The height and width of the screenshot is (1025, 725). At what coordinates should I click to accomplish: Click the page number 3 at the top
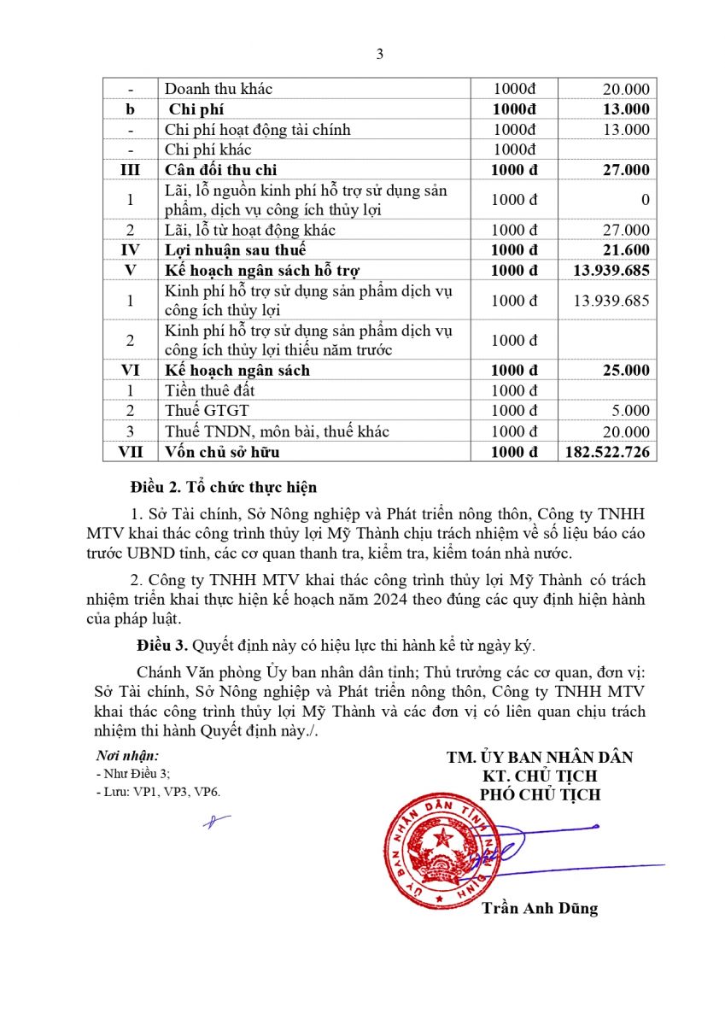point(380,54)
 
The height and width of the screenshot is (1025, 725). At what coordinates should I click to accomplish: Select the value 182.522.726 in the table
point(607,452)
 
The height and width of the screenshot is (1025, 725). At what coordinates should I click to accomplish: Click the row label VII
point(131,452)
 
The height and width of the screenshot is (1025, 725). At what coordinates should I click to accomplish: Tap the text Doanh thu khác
point(219,89)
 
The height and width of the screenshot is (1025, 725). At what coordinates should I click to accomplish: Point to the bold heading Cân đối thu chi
point(221,170)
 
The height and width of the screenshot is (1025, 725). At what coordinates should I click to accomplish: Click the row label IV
point(131,250)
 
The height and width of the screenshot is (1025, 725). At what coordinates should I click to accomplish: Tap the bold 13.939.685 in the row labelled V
point(607,271)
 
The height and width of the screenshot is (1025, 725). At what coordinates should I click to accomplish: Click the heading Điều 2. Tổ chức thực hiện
point(224,488)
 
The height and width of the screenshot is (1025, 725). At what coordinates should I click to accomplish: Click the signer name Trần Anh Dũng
point(539,908)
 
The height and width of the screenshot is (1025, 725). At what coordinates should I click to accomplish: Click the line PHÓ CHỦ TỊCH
point(540,794)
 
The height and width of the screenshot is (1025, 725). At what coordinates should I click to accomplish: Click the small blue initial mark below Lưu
point(216,822)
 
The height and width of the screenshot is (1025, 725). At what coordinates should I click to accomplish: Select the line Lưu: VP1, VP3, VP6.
point(158,792)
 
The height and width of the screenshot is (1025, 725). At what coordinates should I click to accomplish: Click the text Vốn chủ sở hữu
point(222,452)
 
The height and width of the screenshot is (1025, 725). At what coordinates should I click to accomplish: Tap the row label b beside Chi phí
point(131,109)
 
